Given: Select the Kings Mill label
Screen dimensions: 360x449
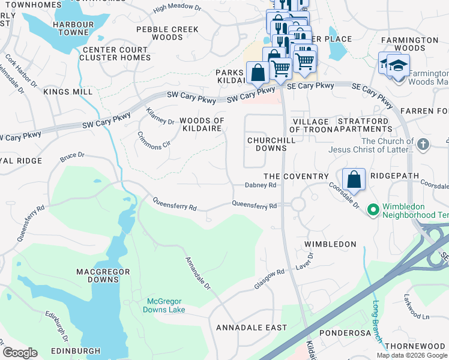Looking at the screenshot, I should pyautogui.click(x=68, y=92).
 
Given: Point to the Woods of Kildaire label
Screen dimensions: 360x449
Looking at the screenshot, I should pyautogui.click(x=202, y=125).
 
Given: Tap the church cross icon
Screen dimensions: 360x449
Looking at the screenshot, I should pyautogui.click(x=423, y=144).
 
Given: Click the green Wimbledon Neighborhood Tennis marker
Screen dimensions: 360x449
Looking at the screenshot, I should pyautogui.click(x=373, y=209).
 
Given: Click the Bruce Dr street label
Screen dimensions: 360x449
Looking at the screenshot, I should pyautogui.click(x=72, y=157).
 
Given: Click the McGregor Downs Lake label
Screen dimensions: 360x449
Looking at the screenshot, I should pyautogui.click(x=164, y=305).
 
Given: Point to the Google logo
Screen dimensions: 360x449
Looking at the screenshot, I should pyautogui.click(x=20, y=352).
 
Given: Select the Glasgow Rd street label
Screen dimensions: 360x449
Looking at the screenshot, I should pyautogui.click(x=268, y=280).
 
